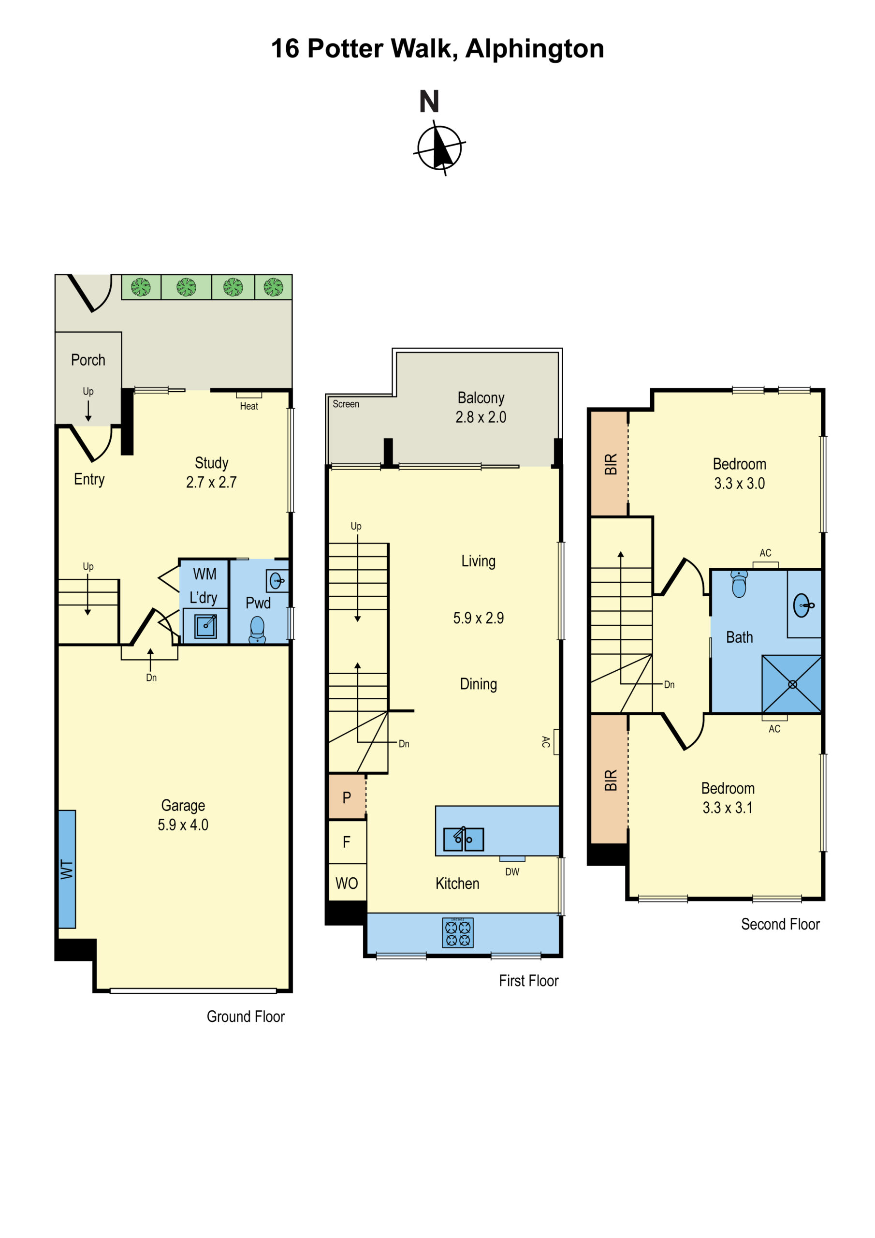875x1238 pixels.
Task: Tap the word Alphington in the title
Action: pos(534,48)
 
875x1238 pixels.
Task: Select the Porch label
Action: pos(88,360)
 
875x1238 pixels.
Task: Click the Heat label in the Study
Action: pos(248,406)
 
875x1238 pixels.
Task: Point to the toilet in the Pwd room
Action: pos(257,629)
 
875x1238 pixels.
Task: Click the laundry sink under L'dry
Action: pos(205,625)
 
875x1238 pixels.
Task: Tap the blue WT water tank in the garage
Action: pos(67,869)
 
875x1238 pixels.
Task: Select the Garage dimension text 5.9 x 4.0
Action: pos(183,825)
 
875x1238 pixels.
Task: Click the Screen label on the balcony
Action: pos(346,404)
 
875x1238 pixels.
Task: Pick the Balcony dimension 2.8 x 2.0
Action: pos(481,417)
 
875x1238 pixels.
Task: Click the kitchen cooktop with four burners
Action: pos(458,932)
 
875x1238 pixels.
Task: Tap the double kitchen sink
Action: pos(463,839)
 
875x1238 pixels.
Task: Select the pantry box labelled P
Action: pos(347,797)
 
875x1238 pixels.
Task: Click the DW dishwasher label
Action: pos(512,872)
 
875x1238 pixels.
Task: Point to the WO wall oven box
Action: pos(347,883)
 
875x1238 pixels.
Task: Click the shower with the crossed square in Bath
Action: pos(791,684)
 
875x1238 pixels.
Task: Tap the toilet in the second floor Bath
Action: pos(739,584)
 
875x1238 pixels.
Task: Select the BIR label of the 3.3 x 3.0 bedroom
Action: pos(610,464)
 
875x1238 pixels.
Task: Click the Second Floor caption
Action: pos(780,924)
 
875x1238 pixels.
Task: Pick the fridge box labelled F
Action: pos(347,841)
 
